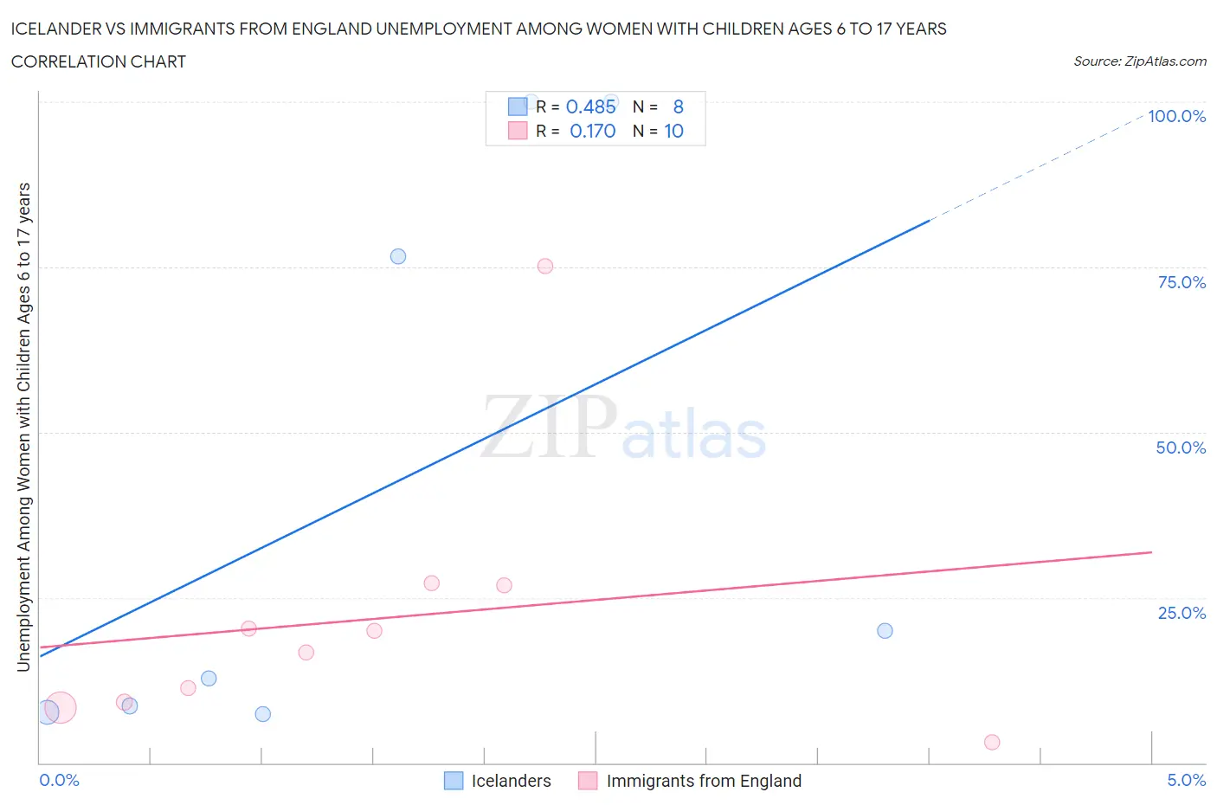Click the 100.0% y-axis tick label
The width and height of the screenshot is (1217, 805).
[x=1176, y=116]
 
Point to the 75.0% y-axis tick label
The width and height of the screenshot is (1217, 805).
[x=1181, y=282]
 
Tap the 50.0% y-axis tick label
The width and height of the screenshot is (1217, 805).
[x=1181, y=448]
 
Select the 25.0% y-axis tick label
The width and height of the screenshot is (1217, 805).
[x=1181, y=613]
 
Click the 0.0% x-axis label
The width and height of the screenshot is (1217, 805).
[x=59, y=780]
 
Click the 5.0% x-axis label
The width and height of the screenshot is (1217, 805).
[x=1186, y=780]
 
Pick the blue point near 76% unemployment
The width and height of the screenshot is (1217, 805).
[x=398, y=256]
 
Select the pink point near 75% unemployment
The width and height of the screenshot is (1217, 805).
[x=545, y=266]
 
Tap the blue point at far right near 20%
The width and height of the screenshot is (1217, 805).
[x=885, y=630]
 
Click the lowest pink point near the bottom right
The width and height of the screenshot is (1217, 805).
[x=992, y=742]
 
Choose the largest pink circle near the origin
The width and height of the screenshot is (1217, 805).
[x=60, y=707]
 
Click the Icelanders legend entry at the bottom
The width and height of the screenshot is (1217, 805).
[x=511, y=781]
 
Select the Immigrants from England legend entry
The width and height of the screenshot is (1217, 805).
[x=703, y=781]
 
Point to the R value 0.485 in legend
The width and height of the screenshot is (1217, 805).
[x=590, y=106]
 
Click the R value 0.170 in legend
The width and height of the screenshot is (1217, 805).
[x=592, y=131]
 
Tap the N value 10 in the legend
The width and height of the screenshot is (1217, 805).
[x=673, y=131]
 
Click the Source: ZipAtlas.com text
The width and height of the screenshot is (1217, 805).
[x=1139, y=61]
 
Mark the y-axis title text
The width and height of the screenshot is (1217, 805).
[x=23, y=427]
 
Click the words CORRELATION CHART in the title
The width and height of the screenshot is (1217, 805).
[x=99, y=61]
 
